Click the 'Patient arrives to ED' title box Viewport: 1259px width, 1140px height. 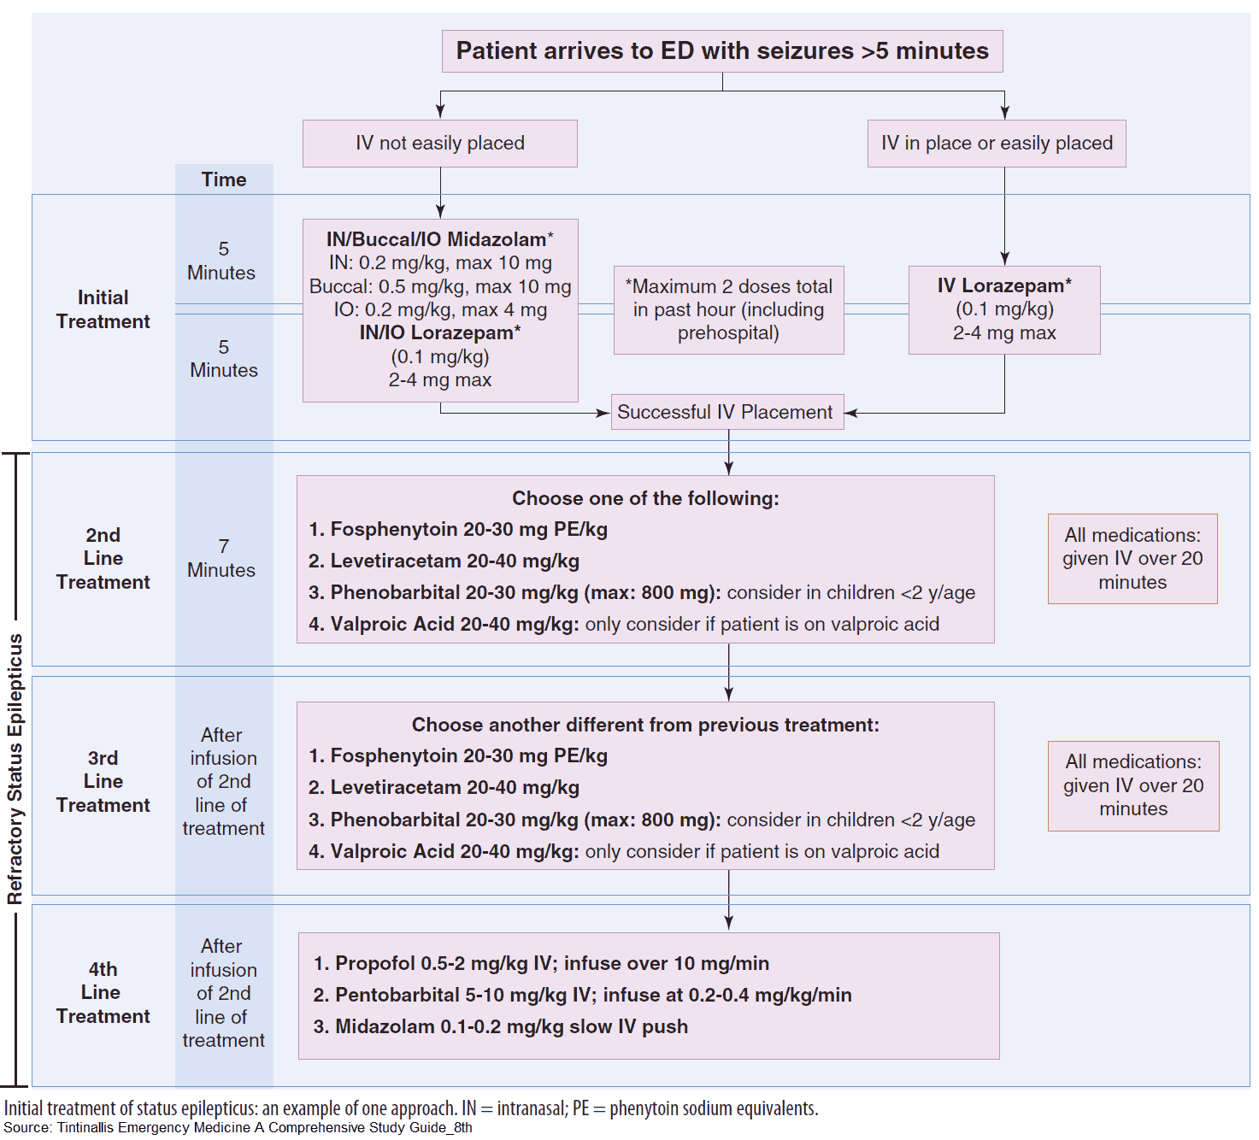click(x=722, y=51)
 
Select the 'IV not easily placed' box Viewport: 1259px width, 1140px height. click(x=440, y=143)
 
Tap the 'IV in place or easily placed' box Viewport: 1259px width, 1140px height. click(x=997, y=143)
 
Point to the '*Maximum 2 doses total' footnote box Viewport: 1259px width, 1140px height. click(x=728, y=309)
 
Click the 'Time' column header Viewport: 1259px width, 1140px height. click(x=224, y=179)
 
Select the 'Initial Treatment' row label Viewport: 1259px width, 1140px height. click(x=103, y=309)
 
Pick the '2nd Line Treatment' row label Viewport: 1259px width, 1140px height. click(x=103, y=558)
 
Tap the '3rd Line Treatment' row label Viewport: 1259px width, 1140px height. click(x=103, y=781)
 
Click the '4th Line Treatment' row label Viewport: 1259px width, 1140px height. click(x=103, y=992)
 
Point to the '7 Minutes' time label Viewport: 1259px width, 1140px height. click(x=222, y=558)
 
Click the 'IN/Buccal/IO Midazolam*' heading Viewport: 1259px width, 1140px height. click(x=439, y=239)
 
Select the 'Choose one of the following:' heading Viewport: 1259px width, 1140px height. click(x=645, y=498)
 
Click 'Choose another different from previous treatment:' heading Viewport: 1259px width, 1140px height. click(x=645, y=725)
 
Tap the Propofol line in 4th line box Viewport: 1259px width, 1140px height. click(x=542, y=963)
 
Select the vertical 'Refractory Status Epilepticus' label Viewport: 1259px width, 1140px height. click(x=15, y=769)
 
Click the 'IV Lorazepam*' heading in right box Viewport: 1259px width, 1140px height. click(x=1004, y=285)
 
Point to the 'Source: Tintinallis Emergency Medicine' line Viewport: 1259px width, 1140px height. click(x=238, y=1127)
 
